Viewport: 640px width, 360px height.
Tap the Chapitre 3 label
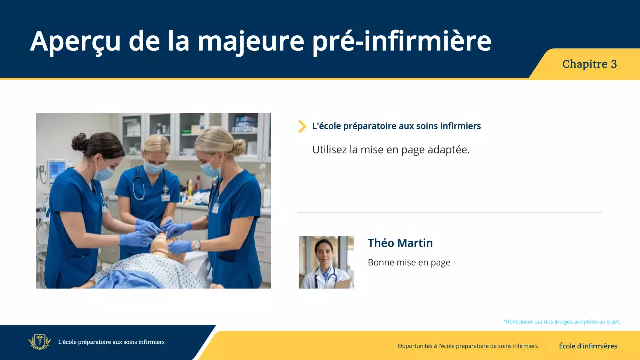(x=589, y=64)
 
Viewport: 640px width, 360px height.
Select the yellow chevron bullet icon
(x=302, y=126)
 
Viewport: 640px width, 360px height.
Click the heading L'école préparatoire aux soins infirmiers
(x=396, y=126)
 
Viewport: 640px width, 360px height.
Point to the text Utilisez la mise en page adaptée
(x=391, y=150)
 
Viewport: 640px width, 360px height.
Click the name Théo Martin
(x=400, y=243)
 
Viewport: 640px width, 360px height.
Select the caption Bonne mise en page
(x=409, y=262)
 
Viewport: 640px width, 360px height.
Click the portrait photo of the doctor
(x=326, y=262)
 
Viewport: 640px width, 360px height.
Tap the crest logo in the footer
(x=40, y=342)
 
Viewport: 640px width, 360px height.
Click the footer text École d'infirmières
(x=588, y=346)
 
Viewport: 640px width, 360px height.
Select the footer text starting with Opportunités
(x=467, y=346)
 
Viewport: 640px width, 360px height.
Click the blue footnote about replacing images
(x=561, y=322)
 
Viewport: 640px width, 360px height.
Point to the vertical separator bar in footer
(x=549, y=346)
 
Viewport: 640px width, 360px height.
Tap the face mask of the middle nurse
(x=153, y=167)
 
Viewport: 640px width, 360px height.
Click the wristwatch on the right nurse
(x=197, y=245)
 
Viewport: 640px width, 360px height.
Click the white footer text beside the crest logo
(x=111, y=342)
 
